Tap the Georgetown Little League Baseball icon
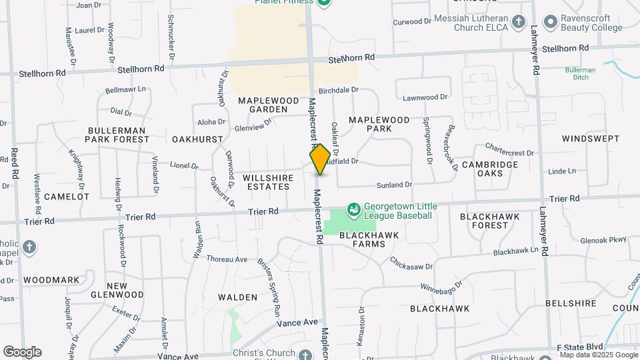point(354,211)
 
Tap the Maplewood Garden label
point(263,105)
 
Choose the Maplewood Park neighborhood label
point(379,124)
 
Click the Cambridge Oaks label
point(490,169)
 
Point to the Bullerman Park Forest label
point(117,135)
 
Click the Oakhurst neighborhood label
point(197,139)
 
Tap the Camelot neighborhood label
point(67,197)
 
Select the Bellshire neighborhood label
point(571,303)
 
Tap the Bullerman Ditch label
point(580,73)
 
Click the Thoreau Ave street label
point(227,259)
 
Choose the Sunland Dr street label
point(395,184)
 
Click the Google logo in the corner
point(22,352)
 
